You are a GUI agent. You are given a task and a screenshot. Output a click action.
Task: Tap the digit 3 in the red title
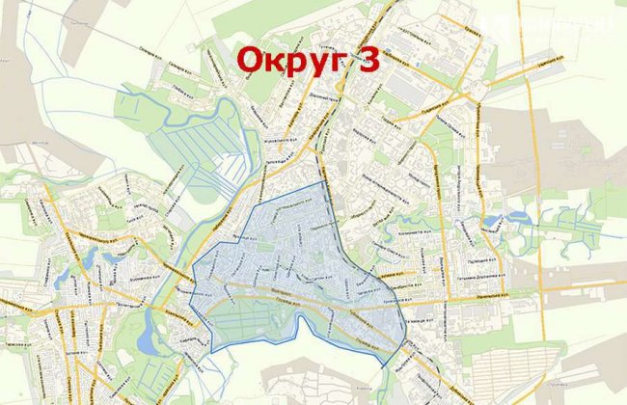(x=368, y=60)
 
